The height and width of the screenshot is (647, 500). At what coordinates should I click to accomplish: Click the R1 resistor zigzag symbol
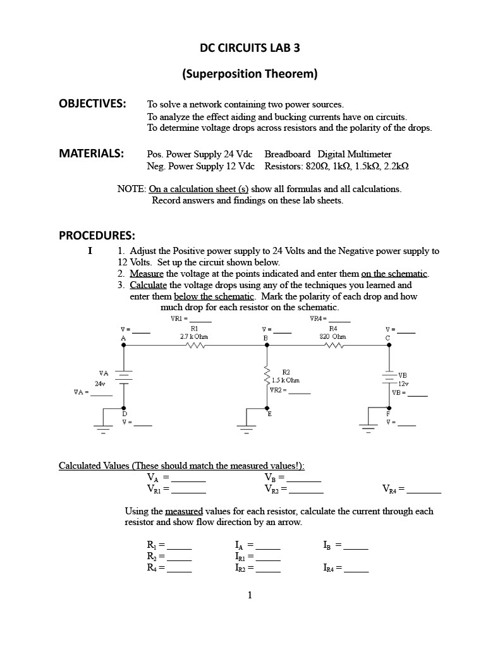point(194,346)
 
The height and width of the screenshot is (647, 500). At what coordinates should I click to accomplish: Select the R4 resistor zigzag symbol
point(332,346)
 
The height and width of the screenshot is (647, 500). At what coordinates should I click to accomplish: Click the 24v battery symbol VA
point(123,377)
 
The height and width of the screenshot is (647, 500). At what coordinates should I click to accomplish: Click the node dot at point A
point(123,346)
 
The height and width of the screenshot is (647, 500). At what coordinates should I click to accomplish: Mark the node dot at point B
point(266,346)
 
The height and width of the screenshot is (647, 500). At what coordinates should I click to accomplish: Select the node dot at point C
point(388,346)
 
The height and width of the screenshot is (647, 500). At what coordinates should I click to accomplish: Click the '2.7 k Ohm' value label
point(193,337)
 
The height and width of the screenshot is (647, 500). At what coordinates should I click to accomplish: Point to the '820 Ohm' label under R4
point(332,337)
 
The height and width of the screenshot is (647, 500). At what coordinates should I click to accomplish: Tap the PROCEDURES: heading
point(97,236)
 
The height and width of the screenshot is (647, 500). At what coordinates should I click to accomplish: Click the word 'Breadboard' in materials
point(287,154)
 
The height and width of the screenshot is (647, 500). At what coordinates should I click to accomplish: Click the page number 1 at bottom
point(250,595)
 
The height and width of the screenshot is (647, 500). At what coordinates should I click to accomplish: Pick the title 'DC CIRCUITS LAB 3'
point(250,47)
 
